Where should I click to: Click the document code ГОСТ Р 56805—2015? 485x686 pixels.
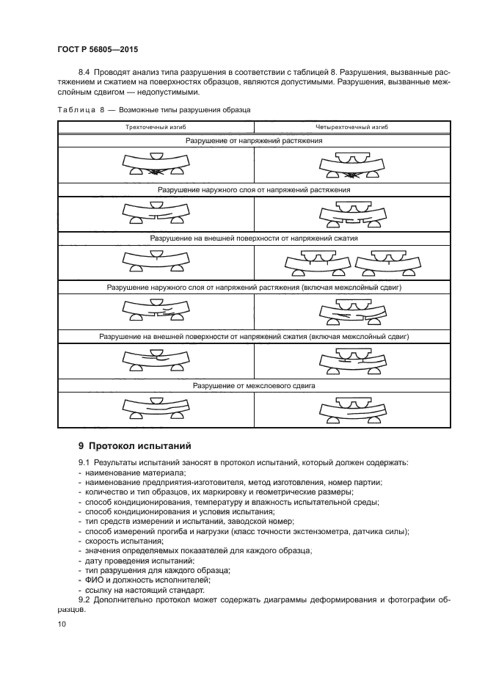click(97, 50)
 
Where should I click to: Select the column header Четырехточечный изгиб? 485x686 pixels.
click(347, 128)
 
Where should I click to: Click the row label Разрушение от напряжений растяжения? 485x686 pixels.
click(254, 139)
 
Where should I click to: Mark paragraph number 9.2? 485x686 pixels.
click(86, 599)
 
